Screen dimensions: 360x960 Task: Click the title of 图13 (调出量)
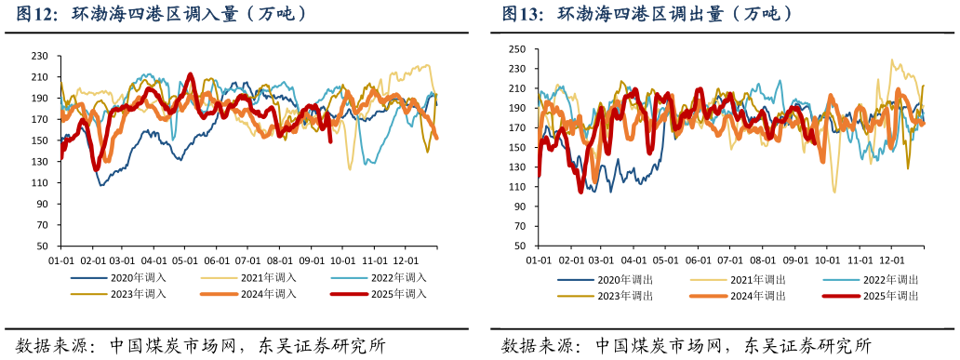tap(647, 14)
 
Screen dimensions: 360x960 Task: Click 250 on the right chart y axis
tap(518, 49)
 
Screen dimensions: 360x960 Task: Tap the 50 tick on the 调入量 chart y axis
tap(43, 247)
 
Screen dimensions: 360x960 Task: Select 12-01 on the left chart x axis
tap(406, 261)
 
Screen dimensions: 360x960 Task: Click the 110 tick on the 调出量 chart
tap(518, 187)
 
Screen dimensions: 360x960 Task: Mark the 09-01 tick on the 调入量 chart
tap(312, 261)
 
